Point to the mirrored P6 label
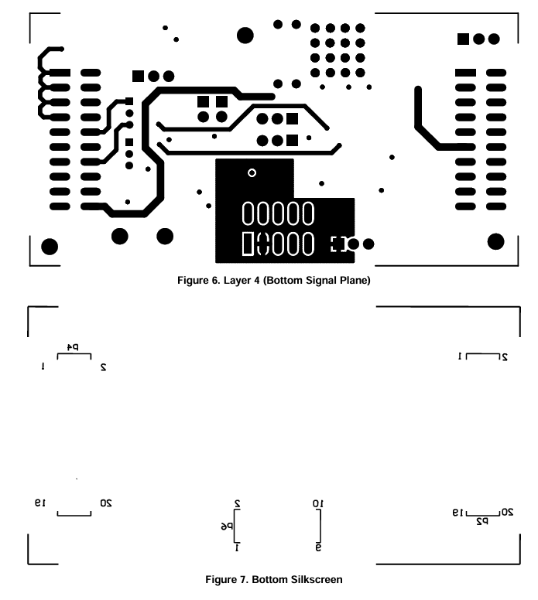point(226,526)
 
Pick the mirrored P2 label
point(481,521)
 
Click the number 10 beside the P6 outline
point(318,503)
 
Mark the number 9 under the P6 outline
point(318,547)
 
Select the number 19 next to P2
point(460,512)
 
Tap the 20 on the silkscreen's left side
point(106,503)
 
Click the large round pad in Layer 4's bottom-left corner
point(50,247)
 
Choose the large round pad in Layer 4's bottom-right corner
point(496,242)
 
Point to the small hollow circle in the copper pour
point(251,172)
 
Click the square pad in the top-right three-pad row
point(464,39)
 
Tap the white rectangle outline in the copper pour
point(248,244)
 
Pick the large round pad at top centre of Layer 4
point(245,35)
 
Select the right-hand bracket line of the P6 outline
point(320,527)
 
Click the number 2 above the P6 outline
point(238,503)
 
